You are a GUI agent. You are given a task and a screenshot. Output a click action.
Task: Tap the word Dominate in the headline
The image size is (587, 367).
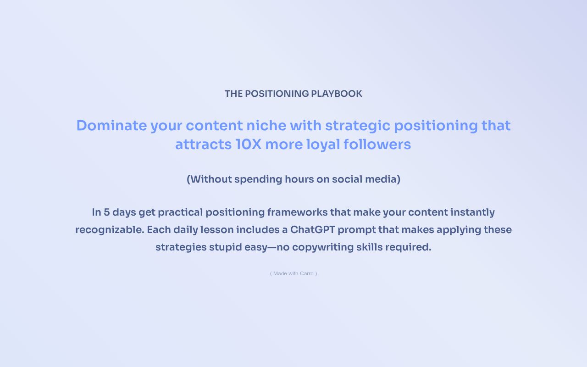(x=111, y=125)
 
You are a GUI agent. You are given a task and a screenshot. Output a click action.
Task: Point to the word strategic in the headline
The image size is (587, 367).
(x=357, y=126)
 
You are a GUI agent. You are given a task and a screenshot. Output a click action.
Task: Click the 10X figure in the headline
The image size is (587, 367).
(x=248, y=145)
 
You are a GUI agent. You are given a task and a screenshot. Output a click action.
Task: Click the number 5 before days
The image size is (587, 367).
(x=106, y=212)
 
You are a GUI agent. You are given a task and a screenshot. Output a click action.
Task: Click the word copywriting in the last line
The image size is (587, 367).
(x=320, y=247)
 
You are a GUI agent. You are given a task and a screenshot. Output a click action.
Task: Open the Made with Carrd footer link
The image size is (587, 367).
(x=293, y=273)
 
